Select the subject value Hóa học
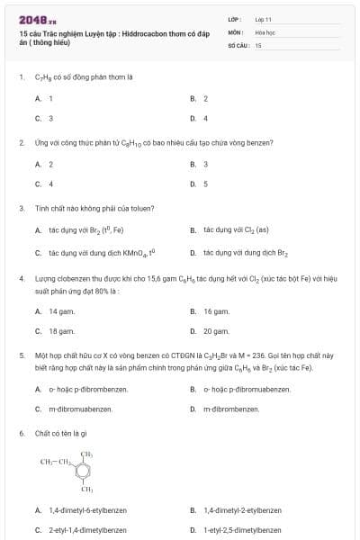[265, 31]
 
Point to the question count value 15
[258, 44]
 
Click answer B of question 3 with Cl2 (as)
[229, 229]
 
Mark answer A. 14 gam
[54, 310]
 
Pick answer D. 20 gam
[210, 331]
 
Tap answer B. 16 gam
[210, 310]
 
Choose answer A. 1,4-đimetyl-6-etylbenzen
[81, 510]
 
